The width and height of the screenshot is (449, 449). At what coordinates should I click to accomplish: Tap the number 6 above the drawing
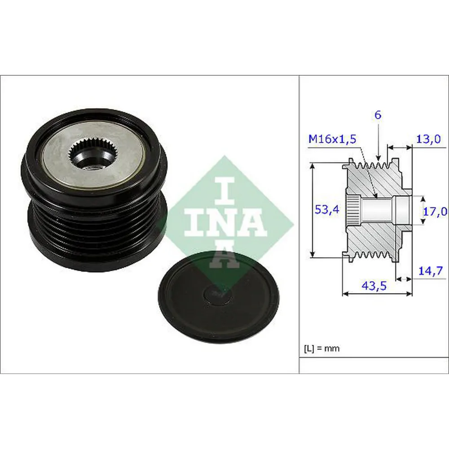378,115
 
